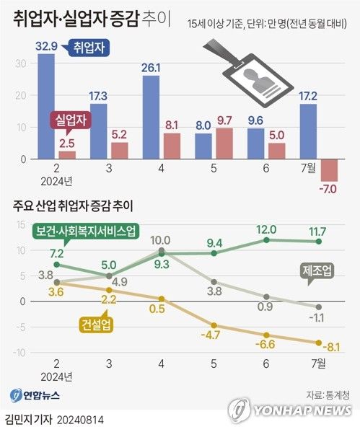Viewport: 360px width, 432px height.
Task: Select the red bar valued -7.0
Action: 330,170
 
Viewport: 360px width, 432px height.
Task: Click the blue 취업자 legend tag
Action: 87,49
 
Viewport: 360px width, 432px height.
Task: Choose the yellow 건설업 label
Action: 92,326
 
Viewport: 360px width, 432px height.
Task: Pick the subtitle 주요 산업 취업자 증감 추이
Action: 79,203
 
